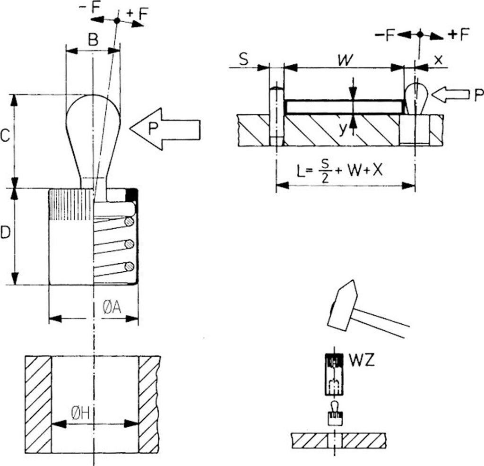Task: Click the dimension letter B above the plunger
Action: coord(93,40)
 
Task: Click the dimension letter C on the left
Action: coord(5,136)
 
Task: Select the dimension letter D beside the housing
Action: coord(5,233)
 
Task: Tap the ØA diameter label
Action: coord(112,307)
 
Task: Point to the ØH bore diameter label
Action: coord(80,413)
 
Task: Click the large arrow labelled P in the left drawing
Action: coord(165,129)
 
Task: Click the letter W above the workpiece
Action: coord(345,60)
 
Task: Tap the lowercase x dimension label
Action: coord(438,60)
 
